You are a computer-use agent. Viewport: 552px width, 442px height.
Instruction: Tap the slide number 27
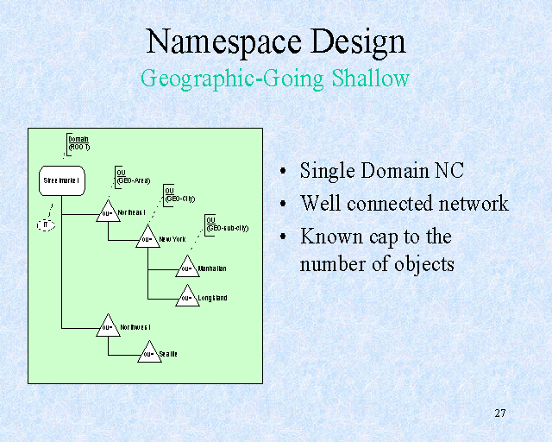click(x=500, y=413)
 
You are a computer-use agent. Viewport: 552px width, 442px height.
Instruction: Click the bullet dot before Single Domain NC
click(x=284, y=172)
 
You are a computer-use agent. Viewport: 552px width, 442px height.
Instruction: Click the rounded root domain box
click(x=61, y=180)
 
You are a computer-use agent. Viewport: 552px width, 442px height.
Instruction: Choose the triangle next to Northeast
click(x=108, y=212)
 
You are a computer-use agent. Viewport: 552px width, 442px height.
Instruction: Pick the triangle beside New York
click(x=148, y=237)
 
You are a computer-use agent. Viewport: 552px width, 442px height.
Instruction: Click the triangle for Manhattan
click(x=187, y=268)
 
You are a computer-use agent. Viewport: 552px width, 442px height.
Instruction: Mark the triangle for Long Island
click(x=187, y=298)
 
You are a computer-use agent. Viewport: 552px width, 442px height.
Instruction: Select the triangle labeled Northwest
click(x=108, y=327)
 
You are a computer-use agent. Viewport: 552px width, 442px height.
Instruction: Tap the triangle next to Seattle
click(x=148, y=353)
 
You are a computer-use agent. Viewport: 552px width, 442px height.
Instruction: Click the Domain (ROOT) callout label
click(x=78, y=142)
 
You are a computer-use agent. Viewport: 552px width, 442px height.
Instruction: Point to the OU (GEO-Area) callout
click(x=133, y=176)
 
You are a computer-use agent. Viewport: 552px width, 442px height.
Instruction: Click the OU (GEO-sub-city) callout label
click(x=226, y=224)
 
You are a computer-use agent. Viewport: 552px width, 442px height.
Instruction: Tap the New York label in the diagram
click(x=173, y=239)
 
